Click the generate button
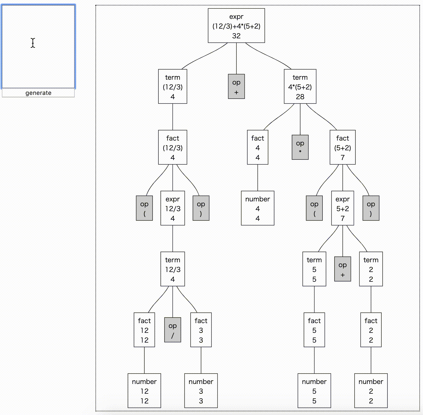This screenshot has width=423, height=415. coord(38,93)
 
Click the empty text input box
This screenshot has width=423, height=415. coord(38,47)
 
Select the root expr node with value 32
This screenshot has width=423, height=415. coord(236,26)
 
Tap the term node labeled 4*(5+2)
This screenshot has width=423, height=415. coord(300,87)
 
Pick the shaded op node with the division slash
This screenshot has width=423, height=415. coord(173,330)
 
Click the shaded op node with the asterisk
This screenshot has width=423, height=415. coord(300,147)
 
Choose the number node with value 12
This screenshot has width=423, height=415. coord(144,391)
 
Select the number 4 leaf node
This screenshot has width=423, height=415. coord(257,208)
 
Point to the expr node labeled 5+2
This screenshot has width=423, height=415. coord(342,208)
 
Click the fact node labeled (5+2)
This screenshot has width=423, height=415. coord(342,147)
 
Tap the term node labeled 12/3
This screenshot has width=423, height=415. coord(173,269)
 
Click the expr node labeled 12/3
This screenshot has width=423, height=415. coord(173,208)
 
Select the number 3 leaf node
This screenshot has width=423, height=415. coord(201,391)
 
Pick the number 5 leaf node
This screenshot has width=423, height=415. coord(314,391)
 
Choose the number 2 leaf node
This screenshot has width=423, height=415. coord(371,391)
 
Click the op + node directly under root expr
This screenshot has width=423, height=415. coord(236,86)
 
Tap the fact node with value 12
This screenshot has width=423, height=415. coord(144,330)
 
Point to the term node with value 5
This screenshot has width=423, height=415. coord(314,269)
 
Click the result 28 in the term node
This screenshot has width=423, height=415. coord(300,97)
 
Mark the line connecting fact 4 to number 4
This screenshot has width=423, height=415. coord(258,178)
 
